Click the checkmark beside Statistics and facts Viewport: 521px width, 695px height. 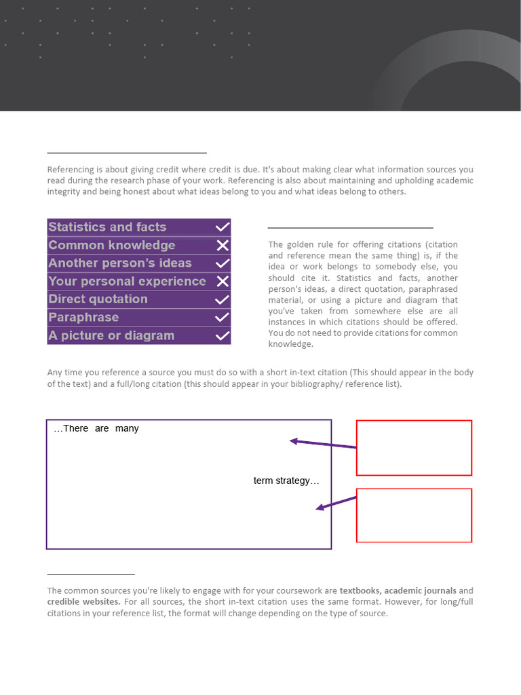(223, 227)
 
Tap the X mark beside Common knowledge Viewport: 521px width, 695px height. (223, 246)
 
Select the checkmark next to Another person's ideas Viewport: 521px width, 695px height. (223, 263)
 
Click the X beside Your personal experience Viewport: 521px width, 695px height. (223, 281)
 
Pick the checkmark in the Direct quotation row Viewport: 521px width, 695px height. (223, 299)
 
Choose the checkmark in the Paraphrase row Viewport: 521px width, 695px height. (223, 317)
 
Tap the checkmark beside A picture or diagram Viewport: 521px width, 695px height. (223, 335)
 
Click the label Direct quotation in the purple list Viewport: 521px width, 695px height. (98, 299)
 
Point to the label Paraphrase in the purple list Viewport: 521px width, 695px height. (83, 317)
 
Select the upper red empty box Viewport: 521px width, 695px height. (414, 447)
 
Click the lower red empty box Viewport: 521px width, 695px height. (414, 515)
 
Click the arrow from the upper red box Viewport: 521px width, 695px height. (324, 445)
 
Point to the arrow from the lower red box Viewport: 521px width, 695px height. (336, 503)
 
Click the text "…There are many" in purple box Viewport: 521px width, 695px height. (96, 428)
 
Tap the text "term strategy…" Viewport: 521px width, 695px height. (286, 481)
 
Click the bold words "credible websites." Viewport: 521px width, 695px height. (84, 601)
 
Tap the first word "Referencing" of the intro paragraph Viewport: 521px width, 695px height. (69, 170)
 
